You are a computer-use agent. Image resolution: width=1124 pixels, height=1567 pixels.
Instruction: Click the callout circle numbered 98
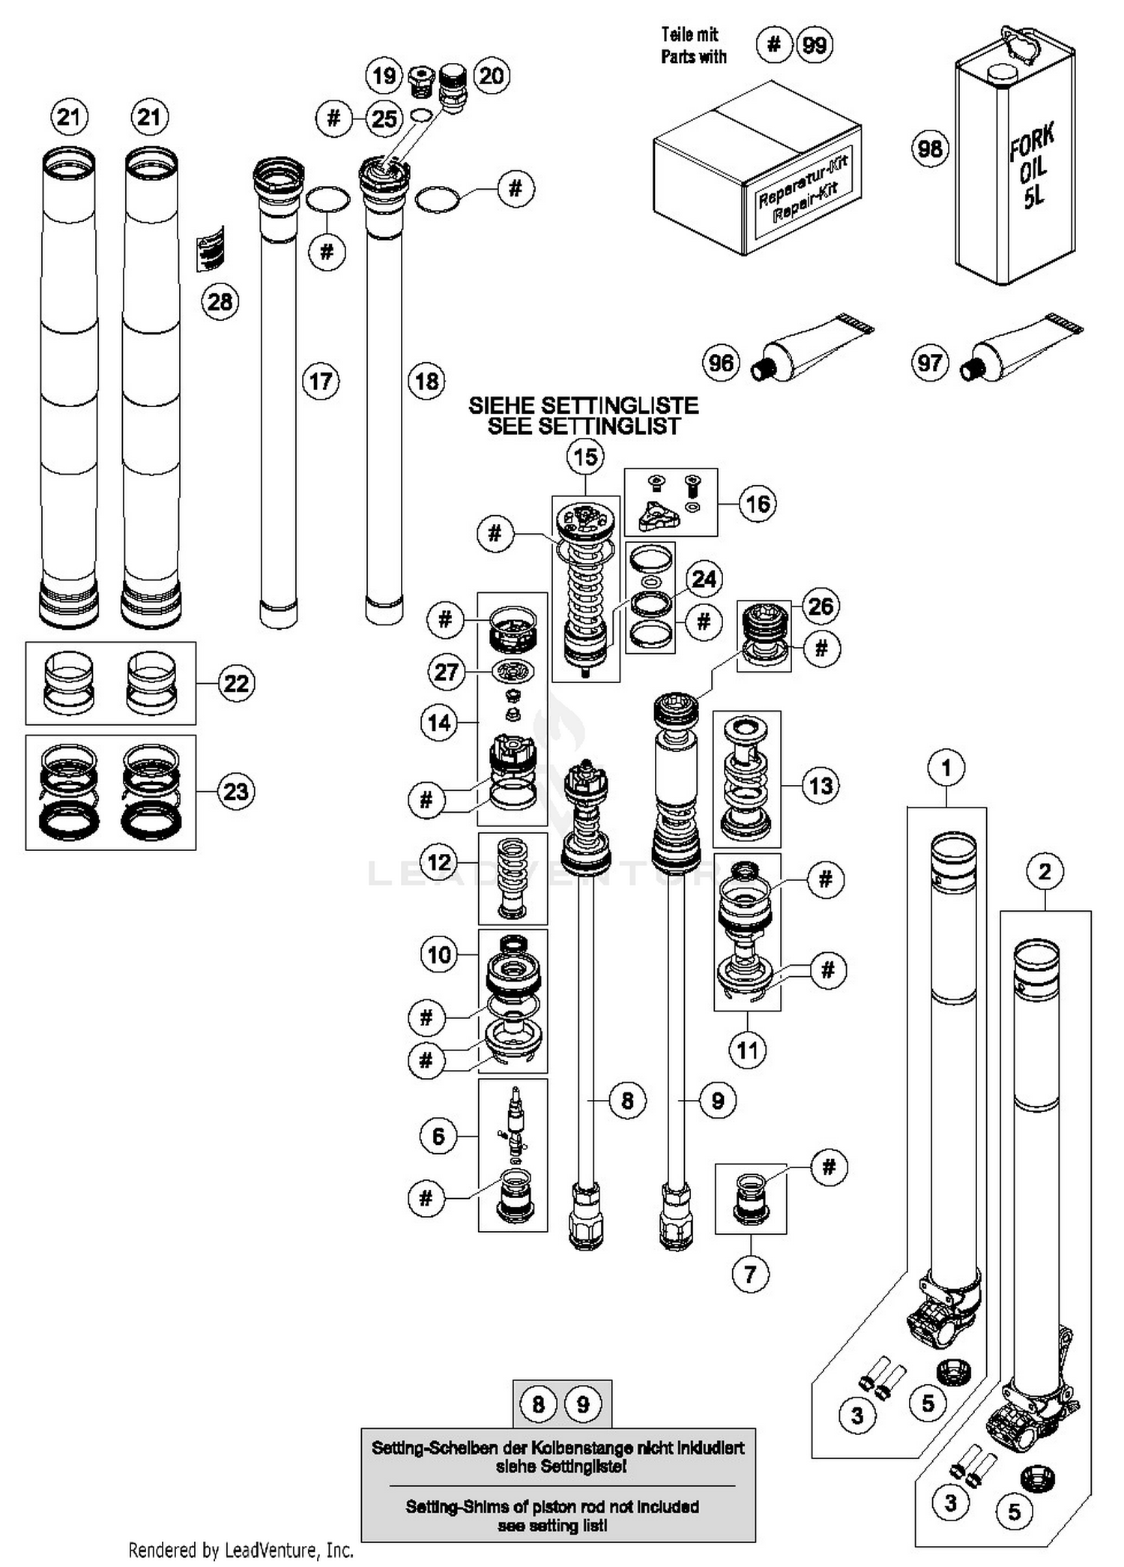click(x=930, y=148)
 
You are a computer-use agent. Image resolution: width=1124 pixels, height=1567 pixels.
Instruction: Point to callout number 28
click(x=220, y=302)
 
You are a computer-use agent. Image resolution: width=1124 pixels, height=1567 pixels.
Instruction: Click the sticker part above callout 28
click(x=211, y=248)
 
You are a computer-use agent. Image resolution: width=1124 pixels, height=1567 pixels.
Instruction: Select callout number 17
click(x=321, y=381)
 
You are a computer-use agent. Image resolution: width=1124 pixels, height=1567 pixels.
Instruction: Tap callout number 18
click(x=426, y=381)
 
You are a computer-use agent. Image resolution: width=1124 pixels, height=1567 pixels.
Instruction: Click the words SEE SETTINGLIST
click(x=583, y=427)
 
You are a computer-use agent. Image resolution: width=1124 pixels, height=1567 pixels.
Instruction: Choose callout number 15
click(x=585, y=456)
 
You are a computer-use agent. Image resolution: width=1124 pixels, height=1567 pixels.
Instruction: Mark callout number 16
click(x=758, y=503)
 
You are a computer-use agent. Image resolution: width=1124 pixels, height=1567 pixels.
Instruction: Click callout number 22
click(x=236, y=683)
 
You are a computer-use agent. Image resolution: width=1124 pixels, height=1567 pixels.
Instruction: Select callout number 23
click(x=236, y=791)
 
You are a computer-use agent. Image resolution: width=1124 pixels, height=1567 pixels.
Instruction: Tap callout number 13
click(x=821, y=786)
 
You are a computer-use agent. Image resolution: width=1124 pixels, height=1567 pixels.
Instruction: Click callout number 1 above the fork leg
click(x=946, y=768)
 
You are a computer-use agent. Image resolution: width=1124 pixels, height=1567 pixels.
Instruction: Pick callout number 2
click(x=1045, y=871)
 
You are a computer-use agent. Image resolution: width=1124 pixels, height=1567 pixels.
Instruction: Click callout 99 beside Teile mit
click(x=815, y=45)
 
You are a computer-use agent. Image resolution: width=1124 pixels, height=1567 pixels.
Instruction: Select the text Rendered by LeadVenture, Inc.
click(x=240, y=1549)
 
